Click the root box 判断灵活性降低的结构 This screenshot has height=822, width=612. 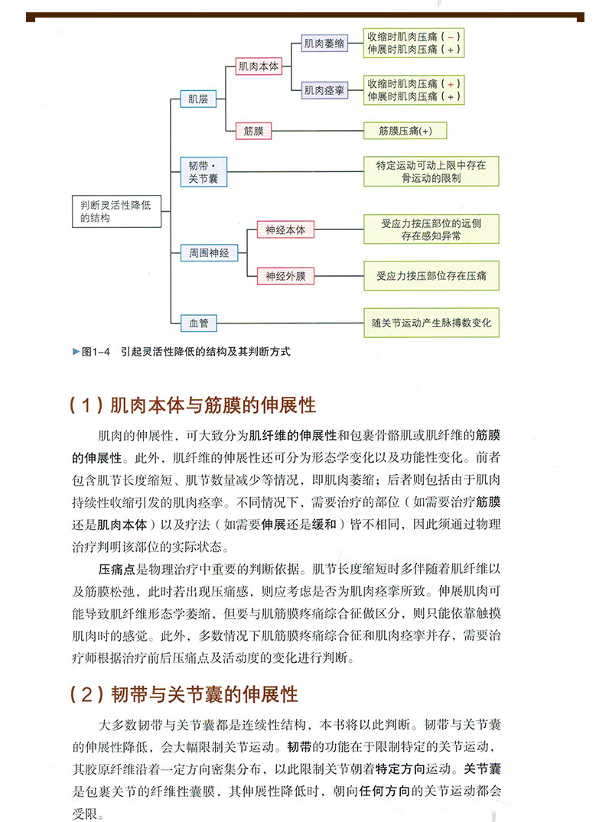coord(116,211)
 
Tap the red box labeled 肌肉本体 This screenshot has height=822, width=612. coord(259,67)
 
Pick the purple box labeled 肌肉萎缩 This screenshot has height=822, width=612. coord(324,44)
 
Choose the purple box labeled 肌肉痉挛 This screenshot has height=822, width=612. coord(324,90)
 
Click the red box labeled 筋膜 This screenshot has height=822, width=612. coord(253,131)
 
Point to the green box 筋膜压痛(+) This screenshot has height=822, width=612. coord(405,131)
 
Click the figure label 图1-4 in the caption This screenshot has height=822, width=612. coord(97,352)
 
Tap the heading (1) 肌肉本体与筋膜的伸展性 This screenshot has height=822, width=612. coord(192,404)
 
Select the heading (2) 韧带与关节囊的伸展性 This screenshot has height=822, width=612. coord(183,694)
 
